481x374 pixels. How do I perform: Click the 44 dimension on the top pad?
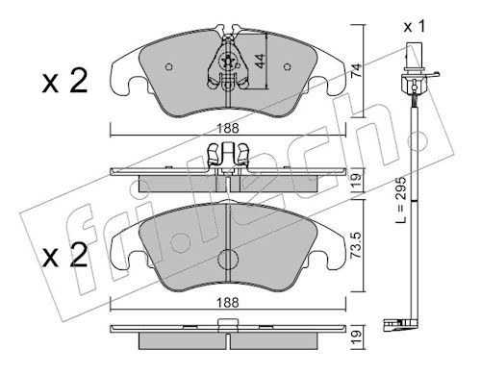(260, 61)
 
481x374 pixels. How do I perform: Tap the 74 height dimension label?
(356, 70)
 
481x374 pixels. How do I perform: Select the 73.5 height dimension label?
(357, 245)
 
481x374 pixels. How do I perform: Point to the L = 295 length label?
(400, 199)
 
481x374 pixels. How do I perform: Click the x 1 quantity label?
(415, 26)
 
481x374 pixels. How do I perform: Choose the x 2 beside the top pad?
(64, 82)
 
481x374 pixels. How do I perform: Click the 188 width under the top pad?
(228, 129)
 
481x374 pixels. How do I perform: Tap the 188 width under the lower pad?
(228, 302)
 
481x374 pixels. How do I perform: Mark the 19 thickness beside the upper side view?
(356, 181)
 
